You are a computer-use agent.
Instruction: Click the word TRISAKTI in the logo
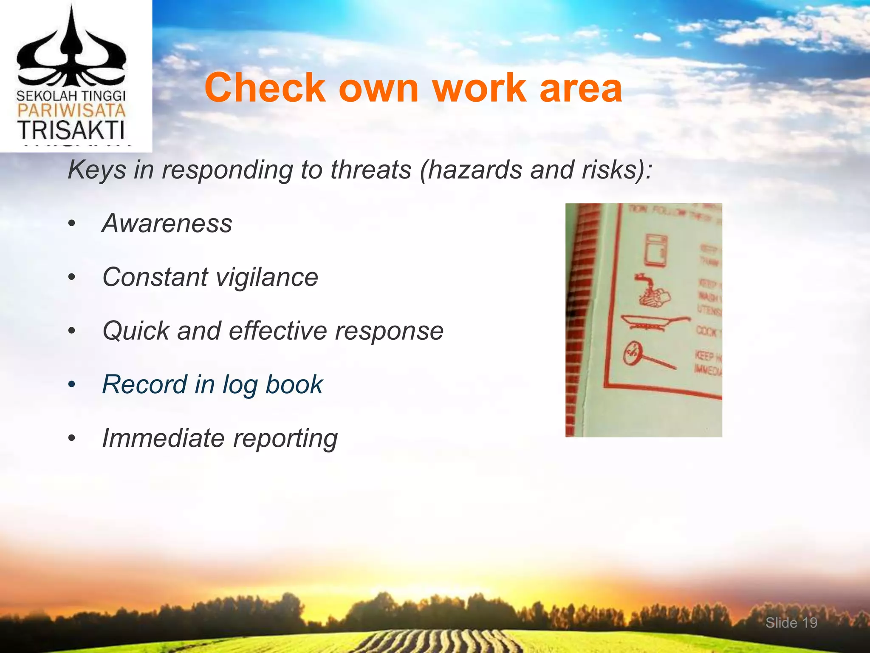click(x=71, y=130)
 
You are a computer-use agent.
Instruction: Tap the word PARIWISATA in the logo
click(x=71, y=111)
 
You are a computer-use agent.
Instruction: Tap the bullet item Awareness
click(x=167, y=223)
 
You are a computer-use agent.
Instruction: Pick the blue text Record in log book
click(x=212, y=384)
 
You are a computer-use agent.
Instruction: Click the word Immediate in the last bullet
click(x=163, y=438)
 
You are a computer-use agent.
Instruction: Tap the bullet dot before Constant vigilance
click(x=72, y=278)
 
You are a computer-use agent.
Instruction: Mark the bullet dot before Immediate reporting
click(x=72, y=438)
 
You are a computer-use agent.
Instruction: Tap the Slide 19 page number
click(x=791, y=623)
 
